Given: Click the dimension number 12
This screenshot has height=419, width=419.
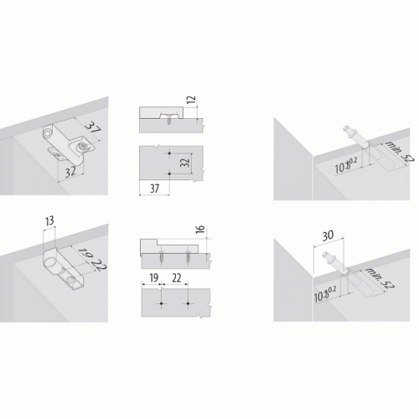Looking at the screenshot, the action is point(192,101).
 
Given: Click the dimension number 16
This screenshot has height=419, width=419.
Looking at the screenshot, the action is point(200,230).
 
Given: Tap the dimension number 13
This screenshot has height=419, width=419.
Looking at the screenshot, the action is point(49,221).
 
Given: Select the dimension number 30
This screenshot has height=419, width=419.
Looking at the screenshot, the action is point(328,235).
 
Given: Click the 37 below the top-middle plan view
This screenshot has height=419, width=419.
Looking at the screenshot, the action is point(154,189).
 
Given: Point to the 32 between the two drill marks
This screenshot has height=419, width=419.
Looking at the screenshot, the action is point(185,163).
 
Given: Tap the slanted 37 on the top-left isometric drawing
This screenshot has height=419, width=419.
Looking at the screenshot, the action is point(93,128).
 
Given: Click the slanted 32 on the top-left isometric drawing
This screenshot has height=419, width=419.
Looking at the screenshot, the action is point(70,172).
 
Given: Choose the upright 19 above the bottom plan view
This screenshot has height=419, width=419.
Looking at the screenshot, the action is point(154,278).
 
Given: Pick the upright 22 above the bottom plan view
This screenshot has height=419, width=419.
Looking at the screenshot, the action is point(177,278).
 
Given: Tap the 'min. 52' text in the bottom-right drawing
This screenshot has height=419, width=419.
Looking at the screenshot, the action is point(380,278).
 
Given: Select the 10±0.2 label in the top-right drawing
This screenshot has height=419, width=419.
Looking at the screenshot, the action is point(346,165).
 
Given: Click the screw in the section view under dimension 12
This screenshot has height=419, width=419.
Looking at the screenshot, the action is point(169,119).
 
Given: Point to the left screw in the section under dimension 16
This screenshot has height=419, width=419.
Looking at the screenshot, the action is point(162,257).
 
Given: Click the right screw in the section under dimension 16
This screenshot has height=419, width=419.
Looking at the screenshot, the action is point(188,257).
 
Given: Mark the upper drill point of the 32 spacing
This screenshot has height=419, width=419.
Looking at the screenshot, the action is point(169,153).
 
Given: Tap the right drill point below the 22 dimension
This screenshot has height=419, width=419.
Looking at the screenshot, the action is point(188,303).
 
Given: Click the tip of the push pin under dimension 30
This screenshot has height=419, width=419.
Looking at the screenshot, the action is point(325,254).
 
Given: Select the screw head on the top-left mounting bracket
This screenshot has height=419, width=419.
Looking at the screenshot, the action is point(82,146).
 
